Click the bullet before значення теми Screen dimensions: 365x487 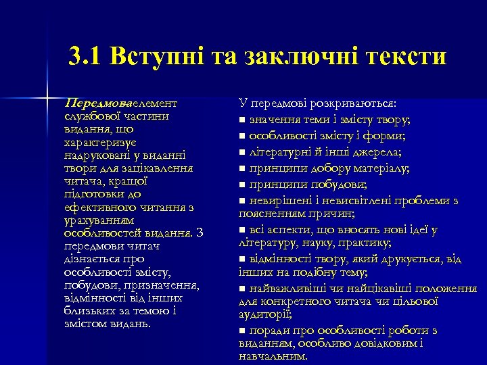(243, 120)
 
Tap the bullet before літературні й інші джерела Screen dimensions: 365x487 (243, 152)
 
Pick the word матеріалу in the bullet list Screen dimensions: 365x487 (384, 168)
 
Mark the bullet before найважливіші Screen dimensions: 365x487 (243, 289)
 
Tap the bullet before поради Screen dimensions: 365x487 (243, 331)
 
